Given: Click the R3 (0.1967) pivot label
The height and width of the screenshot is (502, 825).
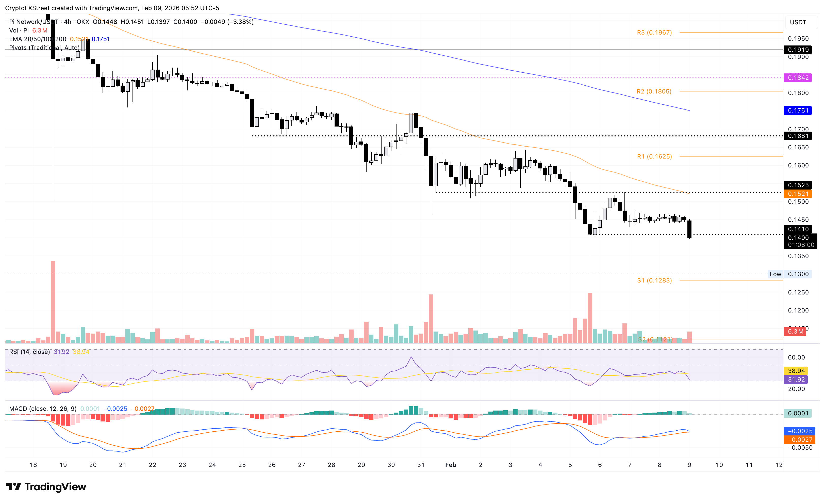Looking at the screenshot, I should (654, 33).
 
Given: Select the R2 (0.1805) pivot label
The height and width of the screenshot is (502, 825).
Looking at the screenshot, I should (654, 91).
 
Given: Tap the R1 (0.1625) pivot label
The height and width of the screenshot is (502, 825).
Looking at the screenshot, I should (654, 156).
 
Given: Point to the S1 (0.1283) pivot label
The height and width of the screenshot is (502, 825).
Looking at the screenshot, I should (654, 280).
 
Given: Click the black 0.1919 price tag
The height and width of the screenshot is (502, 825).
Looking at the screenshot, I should (798, 50).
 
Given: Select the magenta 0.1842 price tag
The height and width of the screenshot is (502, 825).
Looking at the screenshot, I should (798, 78).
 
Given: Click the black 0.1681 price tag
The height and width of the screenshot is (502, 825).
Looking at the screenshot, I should (798, 136).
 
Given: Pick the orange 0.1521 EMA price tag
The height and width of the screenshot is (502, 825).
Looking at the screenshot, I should (798, 194).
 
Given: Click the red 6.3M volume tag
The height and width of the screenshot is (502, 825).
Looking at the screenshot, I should (795, 332).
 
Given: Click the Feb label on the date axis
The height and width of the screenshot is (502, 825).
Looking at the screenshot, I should (450, 465).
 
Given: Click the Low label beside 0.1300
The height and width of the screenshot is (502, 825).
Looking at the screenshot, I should (775, 274).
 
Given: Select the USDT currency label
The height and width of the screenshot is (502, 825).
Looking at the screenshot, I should (798, 22).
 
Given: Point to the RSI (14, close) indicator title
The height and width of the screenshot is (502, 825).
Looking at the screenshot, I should (29, 352).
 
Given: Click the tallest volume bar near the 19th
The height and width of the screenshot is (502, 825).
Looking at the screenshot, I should (53, 302).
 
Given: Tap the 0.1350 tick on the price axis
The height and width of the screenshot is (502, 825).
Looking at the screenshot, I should (798, 256).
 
